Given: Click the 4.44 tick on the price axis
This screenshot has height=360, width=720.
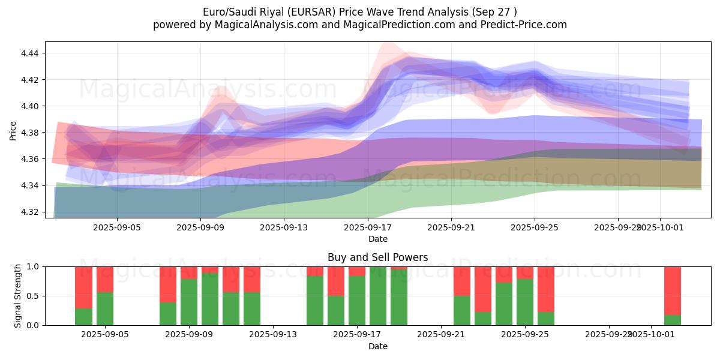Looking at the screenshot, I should [29, 53].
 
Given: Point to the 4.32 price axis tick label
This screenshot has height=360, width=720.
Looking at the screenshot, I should [29, 212].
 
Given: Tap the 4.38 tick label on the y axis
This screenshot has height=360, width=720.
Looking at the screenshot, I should [29, 133].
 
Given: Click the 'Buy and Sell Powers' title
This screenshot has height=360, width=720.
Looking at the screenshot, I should [378, 258].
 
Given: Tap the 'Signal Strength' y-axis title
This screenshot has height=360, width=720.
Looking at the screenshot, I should [18, 296].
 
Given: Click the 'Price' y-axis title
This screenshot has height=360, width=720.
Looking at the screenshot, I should [13, 130].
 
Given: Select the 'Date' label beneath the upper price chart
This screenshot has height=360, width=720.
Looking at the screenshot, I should [378, 239].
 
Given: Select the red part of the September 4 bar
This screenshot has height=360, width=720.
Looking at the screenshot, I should [83, 287].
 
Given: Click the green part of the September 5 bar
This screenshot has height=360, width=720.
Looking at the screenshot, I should [105, 308].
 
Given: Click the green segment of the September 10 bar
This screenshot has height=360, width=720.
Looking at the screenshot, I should [210, 299].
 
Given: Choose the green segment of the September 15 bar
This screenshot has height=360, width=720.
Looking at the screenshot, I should [315, 300].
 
